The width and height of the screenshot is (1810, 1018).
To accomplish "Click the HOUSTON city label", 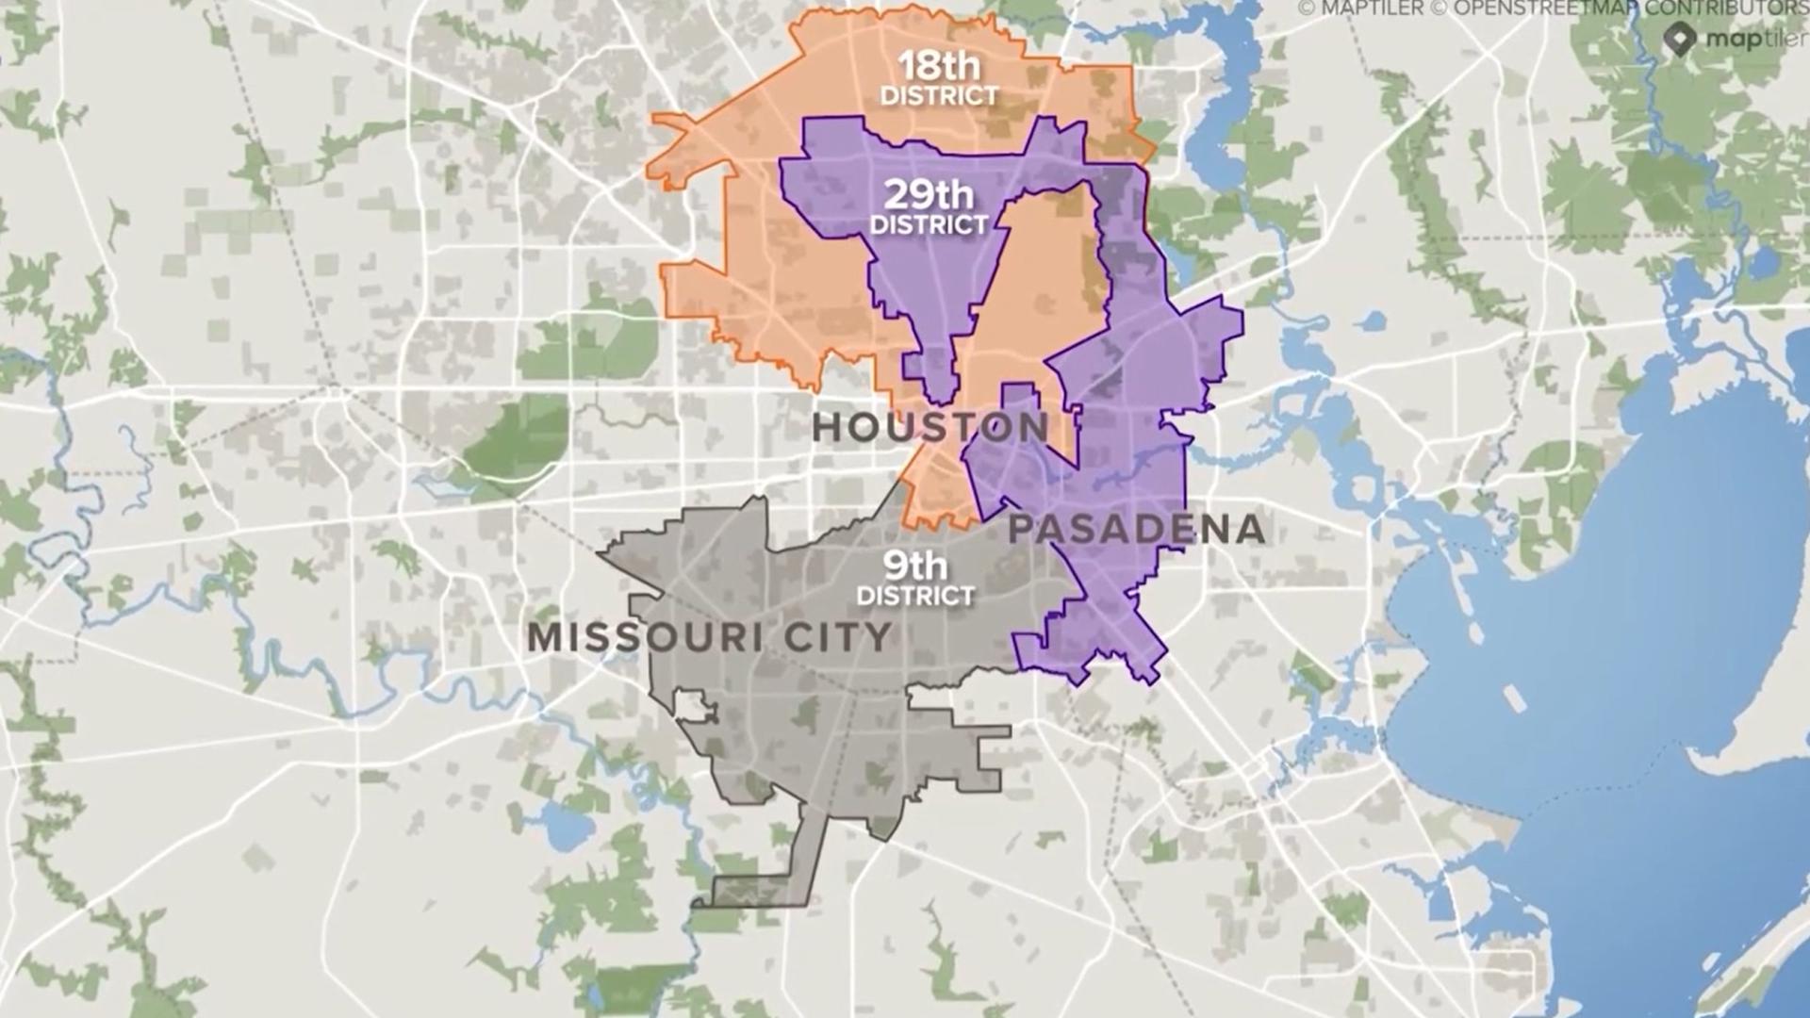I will [x=930, y=428].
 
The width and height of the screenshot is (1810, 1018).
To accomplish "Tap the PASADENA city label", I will [x=1136, y=530].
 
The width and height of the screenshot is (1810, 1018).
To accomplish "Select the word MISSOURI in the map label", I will [x=644, y=638].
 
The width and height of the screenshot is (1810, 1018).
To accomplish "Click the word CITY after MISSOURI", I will [x=838, y=638].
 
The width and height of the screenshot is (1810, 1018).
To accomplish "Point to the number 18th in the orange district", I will [x=938, y=67].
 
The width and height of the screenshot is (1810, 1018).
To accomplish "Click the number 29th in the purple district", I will [x=929, y=195].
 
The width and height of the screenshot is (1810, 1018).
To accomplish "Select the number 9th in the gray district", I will [x=914, y=566].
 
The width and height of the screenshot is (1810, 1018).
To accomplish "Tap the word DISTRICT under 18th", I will [x=938, y=96].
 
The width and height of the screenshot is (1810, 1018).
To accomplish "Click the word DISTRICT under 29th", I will [x=929, y=225].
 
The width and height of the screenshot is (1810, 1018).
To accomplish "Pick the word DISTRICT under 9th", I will [x=914, y=597].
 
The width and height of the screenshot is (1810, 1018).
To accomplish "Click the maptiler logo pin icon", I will [x=1679, y=40].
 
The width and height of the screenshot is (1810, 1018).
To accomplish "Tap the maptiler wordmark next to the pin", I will [x=1755, y=40].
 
